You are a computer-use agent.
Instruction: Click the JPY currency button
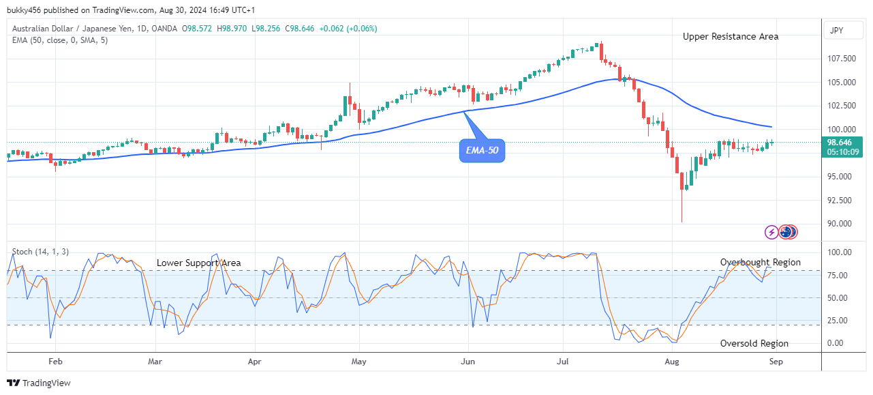click(837, 31)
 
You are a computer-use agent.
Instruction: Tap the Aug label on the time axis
click(672, 362)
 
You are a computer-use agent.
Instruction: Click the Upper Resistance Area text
click(731, 36)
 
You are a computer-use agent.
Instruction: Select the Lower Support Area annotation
click(198, 263)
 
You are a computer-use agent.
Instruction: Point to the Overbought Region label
click(761, 262)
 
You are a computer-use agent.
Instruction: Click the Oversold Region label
click(754, 343)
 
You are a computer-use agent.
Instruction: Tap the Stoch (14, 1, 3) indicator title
click(40, 252)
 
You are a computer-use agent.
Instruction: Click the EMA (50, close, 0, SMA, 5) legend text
click(60, 40)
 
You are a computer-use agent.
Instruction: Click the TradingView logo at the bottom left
click(39, 383)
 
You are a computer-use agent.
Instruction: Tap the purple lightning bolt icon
click(771, 232)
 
